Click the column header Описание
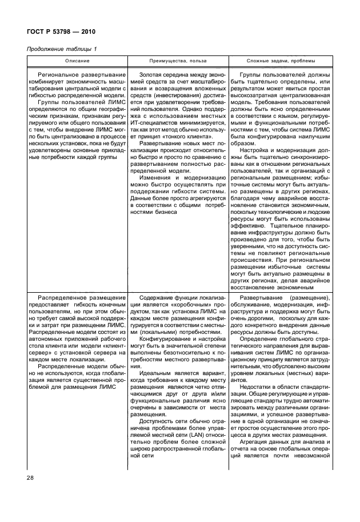(76, 61)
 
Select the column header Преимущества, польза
(178, 61)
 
